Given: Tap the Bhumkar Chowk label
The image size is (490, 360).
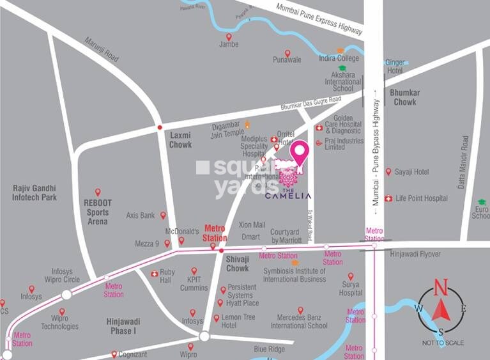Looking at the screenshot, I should click(404, 97).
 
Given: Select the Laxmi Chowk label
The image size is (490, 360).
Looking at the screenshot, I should click(180, 140).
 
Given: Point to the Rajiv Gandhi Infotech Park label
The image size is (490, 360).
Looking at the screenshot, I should click(34, 192).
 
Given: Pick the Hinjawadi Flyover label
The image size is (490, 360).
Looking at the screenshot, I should click(415, 254).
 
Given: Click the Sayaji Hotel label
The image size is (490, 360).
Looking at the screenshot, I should click(412, 172).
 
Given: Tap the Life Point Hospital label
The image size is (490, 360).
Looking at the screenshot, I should click(422, 198).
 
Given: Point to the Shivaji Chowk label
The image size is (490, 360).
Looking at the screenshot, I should click(237, 263).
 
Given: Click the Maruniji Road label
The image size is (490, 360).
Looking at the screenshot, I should click(102, 49).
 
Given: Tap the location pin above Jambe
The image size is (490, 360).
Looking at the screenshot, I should click(229, 37).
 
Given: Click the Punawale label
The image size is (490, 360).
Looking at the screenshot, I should click(287, 60).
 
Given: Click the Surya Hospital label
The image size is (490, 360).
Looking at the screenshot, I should click(351, 289).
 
